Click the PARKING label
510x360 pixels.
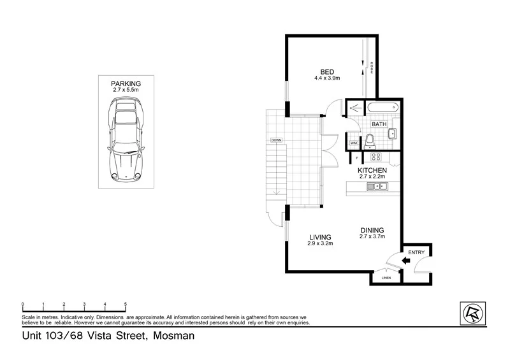[x=126, y=83]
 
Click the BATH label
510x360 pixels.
[x=379, y=125]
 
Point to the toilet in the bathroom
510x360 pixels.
[x=370, y=141]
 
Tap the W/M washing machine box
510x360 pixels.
[x=353, y=143]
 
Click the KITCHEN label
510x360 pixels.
[x=372, y=171]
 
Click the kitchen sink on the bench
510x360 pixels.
[x=377, y=186]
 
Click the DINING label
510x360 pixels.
[x=372, y=231]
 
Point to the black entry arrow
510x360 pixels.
[x=405, y=260]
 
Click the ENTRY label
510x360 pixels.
[x=416, y=253]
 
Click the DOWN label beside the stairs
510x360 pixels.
[x=276, y=140]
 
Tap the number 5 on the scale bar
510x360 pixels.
[x=126, y=304]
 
